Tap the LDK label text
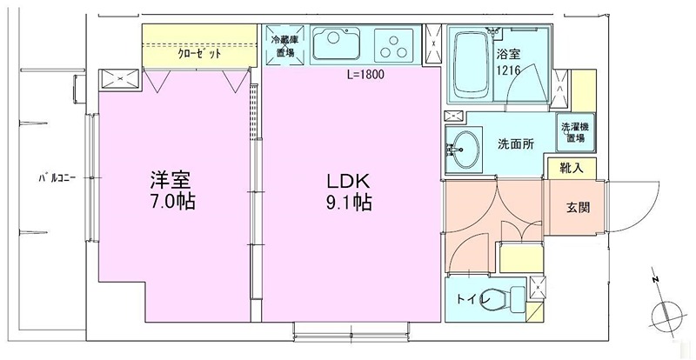349,182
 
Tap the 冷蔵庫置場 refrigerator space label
284,45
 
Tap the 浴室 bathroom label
507,53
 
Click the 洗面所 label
515,143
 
